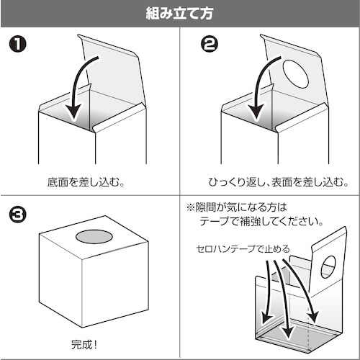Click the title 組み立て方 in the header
[x=180, y=13]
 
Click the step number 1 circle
[x=19, y=45]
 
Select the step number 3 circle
[x=19, y=215]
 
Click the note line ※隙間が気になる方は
[x=237, y=206]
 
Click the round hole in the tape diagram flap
[x=328, y=267]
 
